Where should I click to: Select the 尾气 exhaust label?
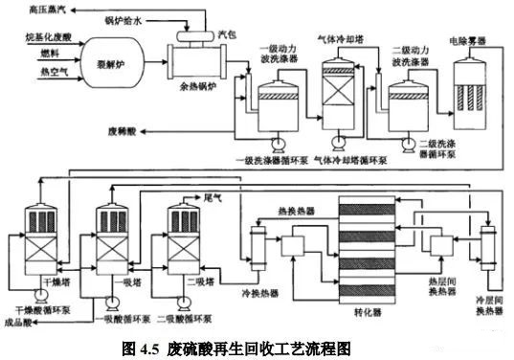(211, 195)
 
